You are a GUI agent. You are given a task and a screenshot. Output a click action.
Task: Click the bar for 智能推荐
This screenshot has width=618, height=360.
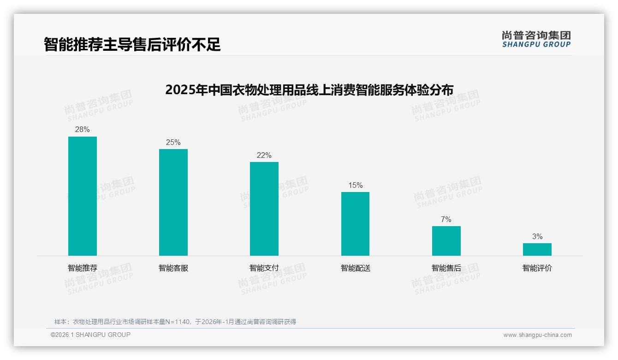(x=83, y=196)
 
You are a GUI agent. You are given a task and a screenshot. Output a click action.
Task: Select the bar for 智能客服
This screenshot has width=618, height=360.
(x=173, y=202)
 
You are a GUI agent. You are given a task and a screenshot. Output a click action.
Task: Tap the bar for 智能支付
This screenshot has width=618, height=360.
(x=264, y=209)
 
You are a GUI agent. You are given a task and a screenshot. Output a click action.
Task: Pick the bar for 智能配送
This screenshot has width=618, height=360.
(x=355, y=224)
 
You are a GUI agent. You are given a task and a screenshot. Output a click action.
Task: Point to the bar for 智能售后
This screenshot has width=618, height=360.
(x=446, y=241)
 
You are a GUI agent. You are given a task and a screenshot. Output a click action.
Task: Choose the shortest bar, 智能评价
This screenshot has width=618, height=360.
(x=537, y=249)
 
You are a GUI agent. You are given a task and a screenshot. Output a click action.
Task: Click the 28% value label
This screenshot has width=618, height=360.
(x=83, y=130)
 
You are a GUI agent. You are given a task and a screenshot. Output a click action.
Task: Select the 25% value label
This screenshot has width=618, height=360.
(x=173, y=142)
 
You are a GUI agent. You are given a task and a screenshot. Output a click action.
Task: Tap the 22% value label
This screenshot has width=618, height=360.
(x=264, y=155)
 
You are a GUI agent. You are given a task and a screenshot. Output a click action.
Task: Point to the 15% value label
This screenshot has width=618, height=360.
(x=355, y=185)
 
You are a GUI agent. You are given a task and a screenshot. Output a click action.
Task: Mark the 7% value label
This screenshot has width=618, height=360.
(x=446, y=219)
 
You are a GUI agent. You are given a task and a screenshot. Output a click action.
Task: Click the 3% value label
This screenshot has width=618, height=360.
(x=537, y=236)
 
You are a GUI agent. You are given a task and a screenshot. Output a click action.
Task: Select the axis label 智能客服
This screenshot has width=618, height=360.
(x=173, y=268)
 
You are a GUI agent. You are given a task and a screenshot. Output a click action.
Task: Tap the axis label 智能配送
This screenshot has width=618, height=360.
(x=355, y=268)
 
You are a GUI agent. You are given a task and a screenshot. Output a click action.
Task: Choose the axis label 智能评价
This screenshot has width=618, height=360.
(x=537, y=268)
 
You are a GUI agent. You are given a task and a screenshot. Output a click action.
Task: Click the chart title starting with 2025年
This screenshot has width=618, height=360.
(x=309, y=90)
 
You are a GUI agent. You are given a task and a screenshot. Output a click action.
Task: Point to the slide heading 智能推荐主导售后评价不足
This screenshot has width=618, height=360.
(x=132, y=44)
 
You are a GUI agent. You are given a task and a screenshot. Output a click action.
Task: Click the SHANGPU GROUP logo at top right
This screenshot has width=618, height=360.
(x=536, y=39)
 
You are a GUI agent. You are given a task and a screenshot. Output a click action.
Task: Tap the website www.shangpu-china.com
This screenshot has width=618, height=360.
(x=537, y=335)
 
